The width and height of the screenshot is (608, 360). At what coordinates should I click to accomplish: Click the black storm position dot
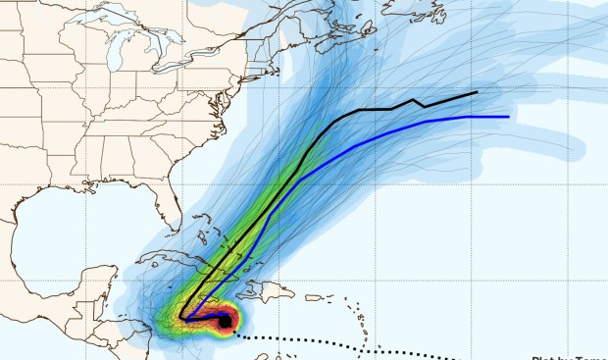225,321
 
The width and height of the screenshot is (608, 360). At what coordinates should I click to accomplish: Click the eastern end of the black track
478,92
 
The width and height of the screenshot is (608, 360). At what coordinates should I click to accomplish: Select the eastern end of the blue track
508,117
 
